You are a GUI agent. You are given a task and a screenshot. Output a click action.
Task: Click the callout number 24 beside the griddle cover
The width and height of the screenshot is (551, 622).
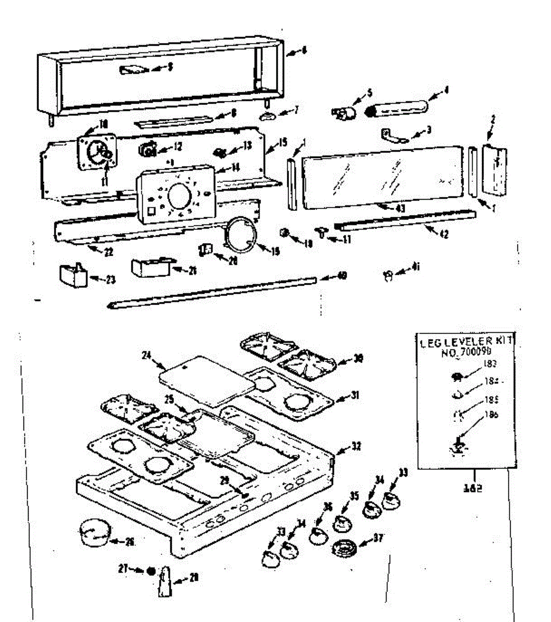coord(147,355)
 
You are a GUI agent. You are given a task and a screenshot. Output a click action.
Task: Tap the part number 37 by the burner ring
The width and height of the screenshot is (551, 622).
coord(378,538)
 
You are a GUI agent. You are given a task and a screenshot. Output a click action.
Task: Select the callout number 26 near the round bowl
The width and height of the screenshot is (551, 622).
coord(130,542)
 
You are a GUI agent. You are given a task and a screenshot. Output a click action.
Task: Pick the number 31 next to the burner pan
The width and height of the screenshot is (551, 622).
coord(354,395)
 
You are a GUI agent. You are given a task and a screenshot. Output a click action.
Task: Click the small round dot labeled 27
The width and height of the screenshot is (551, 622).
coord(150,570)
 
